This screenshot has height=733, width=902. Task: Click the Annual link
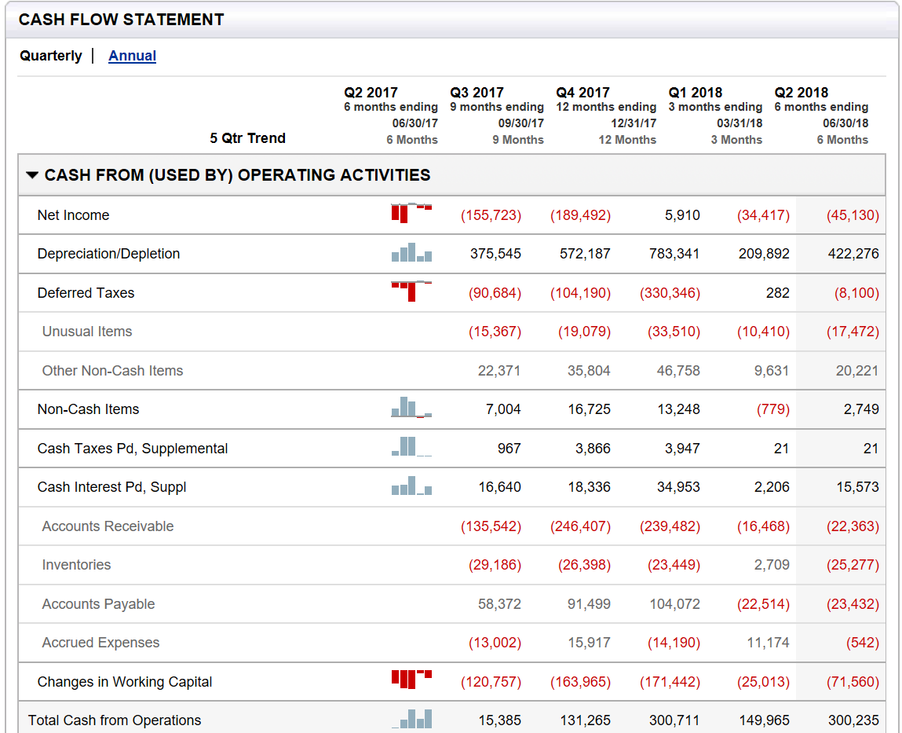coord(132,56)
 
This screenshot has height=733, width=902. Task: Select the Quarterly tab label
coord(51,56)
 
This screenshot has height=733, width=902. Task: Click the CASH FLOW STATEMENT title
coord(122,20)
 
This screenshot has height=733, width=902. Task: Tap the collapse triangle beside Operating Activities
coord(31,175)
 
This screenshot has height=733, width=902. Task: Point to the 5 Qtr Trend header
coord(247,138)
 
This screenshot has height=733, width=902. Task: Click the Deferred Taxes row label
coord(86,293)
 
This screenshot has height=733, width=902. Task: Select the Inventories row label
coord(76,565)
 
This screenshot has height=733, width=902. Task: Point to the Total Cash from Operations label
coord(115,720)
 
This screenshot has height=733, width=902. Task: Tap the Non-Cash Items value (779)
coord(772,409)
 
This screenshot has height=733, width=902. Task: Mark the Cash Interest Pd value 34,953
coord(678,487)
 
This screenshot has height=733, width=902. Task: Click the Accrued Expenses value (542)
coord(862,643)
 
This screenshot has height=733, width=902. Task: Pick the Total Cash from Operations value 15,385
coord(499,720)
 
